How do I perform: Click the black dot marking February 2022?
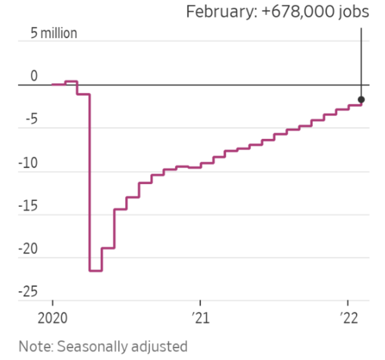click(x=361, y=99)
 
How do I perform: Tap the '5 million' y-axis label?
click(x=54, y=34)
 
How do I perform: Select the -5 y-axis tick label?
click(x=28, y=120)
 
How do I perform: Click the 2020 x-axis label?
click(x=53, y=319)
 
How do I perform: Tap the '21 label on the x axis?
click(x=201, y=319)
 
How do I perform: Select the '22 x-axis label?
click(x=348, y=319)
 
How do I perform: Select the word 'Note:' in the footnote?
click(x=36, y=347)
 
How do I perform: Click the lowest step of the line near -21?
click(x=96, y=270)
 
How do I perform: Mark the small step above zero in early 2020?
click(x=71, y=81)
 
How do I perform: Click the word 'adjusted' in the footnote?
click(x=164, y=347)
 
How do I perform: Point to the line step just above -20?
click(x=108, y=248)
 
